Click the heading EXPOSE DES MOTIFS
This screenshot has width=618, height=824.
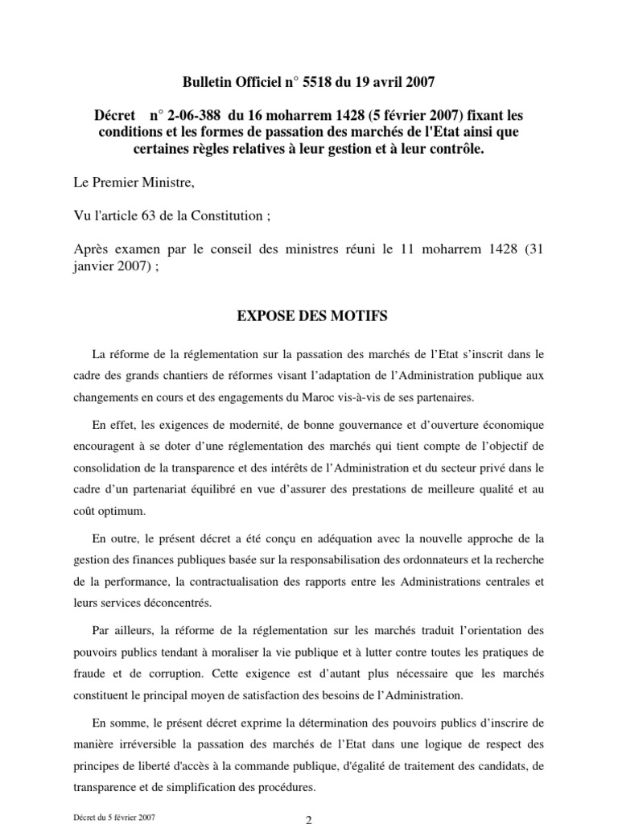click(x=311, y=317)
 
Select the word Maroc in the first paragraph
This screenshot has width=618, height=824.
click(x=333, y=397)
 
